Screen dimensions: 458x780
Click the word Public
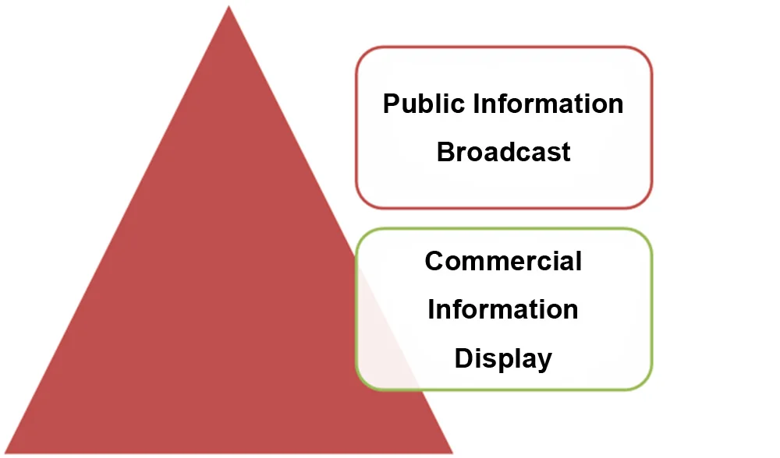(x=420, y=104)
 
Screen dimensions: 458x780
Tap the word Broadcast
(x=503, y=151)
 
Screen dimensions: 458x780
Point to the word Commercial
(x=503, y=260)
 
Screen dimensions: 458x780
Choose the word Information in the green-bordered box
(x=503, y=309)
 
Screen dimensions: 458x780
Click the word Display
(x=503, y=358)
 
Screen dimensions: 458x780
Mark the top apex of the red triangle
(x=229, y=7)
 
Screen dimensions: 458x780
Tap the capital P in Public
(x=391, y=104)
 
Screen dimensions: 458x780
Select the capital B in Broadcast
(x=445, y=151)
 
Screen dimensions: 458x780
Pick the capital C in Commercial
(x=434, y=260)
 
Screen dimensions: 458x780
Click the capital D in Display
(x=463, y=358)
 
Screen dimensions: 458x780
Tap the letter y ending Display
(x=544, y=361)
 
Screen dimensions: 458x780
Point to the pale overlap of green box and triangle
(x=386, y=343)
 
